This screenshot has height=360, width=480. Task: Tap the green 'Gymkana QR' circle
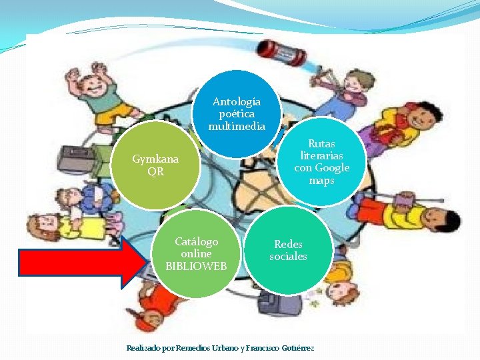155,165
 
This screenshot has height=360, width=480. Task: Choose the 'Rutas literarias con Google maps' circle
322,162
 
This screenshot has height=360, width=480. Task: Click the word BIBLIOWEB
196,266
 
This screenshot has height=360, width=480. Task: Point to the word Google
332,168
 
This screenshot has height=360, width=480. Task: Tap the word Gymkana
155,159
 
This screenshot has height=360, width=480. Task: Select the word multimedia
237,126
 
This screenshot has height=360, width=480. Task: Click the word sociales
288,257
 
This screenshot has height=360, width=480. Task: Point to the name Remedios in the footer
194,348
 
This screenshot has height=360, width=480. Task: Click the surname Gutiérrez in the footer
298,348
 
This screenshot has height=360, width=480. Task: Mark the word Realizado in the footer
143,348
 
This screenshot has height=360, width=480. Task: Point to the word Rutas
322,143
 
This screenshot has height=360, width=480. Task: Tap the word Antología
237,102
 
